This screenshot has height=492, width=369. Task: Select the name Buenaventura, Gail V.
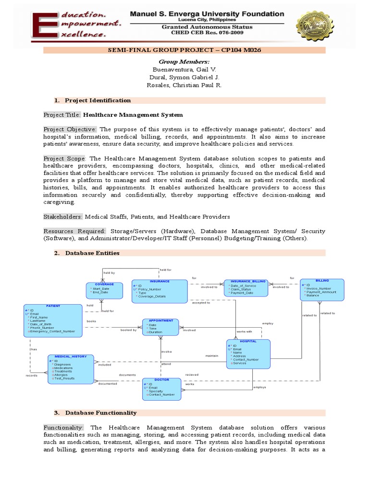click(184, 70)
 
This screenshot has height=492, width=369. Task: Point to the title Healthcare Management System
click(133, 115)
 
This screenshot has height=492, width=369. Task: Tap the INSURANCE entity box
click(160, 291)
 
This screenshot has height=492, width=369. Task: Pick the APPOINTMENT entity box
click(160, 327)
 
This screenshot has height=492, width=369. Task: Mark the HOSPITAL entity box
click(248, 353)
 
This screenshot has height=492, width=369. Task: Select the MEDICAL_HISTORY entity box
click(71, 369)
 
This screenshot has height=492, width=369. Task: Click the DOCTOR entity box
click(161, 389)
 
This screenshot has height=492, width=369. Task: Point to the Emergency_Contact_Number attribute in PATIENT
click(53, 332)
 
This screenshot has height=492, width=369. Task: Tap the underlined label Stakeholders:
click(63, 217)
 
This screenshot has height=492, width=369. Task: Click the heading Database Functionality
click(101, 413)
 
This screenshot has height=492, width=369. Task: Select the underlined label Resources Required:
click(74, 231)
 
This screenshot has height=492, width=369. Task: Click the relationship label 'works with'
click(244, 332)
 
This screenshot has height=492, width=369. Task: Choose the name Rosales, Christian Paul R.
click(184, 85)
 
